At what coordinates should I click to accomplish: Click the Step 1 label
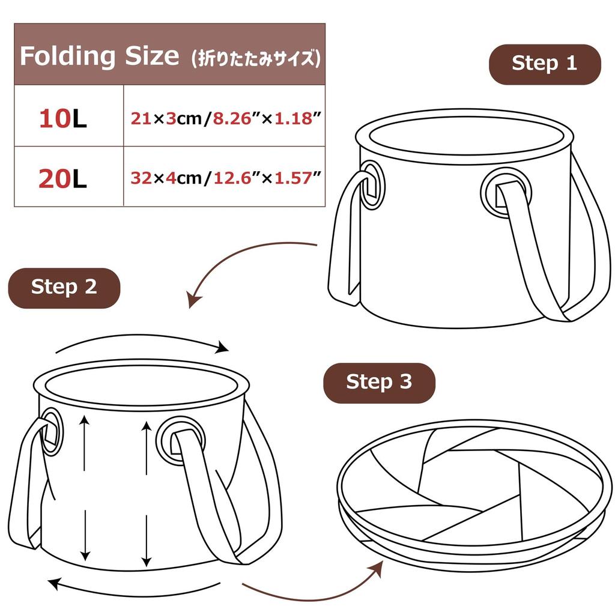(x=544, y=64)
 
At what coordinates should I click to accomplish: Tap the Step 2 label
(x=64, y=287)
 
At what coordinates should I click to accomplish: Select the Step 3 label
(x=379, y=382)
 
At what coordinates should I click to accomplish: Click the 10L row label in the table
(x=63, y=119)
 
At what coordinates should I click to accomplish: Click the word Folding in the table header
(x=67, y=56)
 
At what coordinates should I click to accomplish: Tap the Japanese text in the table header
(x=255, y=58)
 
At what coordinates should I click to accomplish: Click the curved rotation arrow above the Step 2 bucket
(x=142, y=342)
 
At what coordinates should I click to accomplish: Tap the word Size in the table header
(x=152, y=56)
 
